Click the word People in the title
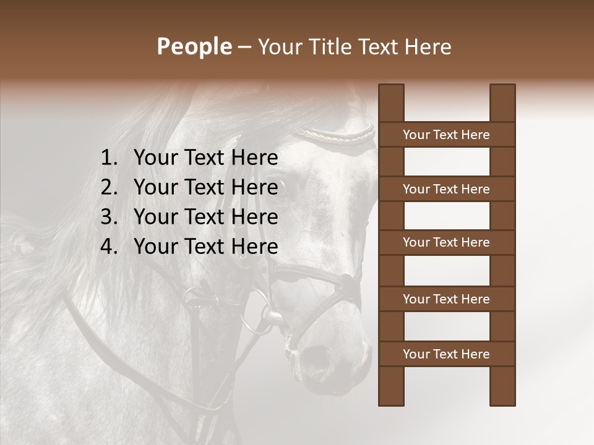point(194,46)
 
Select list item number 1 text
point(205,158)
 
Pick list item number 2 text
point(205,187)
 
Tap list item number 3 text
point(205,217)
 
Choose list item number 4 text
point(205,247)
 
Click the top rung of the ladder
point(446,135)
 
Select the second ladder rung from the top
point(446,189)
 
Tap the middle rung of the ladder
point(446,243)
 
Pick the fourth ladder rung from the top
point(446,299)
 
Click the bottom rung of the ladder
point(446,354)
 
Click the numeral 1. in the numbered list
point(108,158)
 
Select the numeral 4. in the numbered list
point(108,247)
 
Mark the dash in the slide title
point(244,47)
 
